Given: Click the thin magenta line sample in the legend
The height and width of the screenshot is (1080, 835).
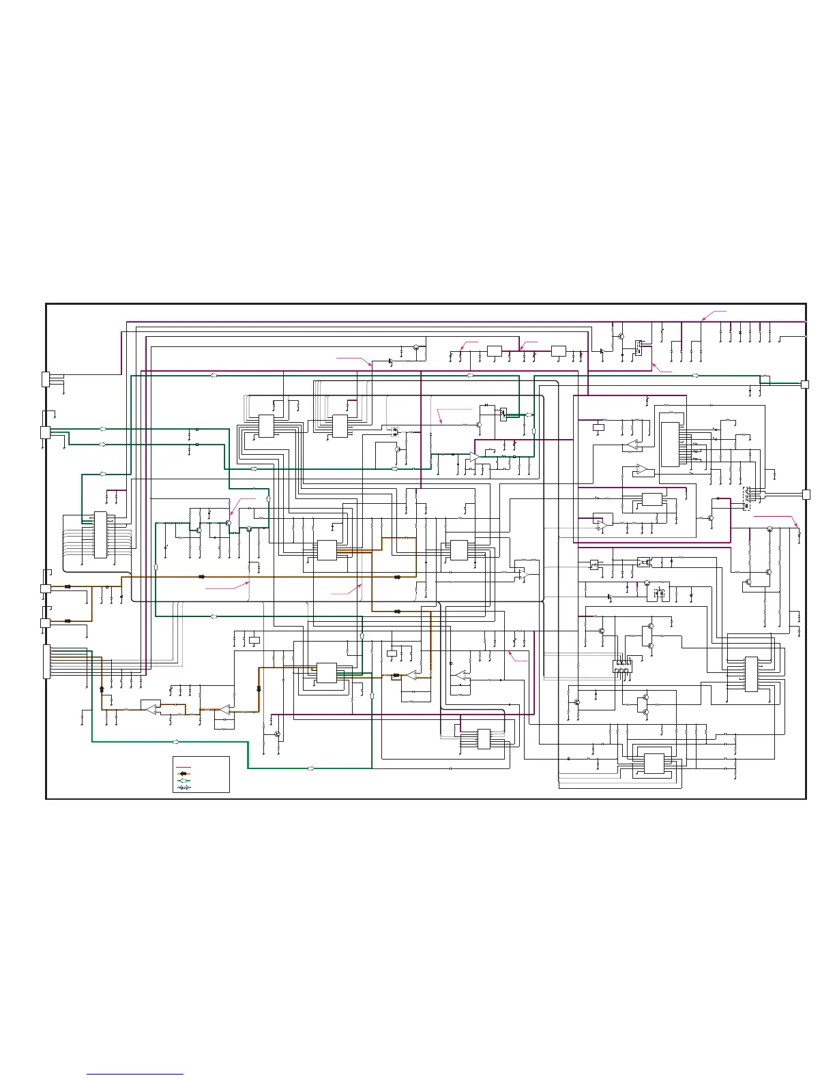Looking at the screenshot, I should point(183,768).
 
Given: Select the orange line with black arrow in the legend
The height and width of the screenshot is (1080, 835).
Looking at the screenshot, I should point(183,774).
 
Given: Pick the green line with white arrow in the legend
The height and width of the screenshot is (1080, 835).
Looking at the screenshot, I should point(183,780).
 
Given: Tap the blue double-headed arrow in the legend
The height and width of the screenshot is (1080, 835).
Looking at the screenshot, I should point(183,787).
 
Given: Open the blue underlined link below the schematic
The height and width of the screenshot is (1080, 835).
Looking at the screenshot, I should point(136,1074).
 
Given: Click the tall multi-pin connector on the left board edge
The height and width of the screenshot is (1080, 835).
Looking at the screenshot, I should point(46,661).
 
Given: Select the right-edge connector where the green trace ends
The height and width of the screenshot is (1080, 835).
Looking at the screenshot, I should point(804,385).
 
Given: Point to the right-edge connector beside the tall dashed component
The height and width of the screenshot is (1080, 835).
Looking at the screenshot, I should point(806,494).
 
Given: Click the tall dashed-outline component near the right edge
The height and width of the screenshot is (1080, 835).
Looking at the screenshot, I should point(748,497).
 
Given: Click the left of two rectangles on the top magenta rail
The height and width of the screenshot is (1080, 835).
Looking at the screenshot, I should point(495,350).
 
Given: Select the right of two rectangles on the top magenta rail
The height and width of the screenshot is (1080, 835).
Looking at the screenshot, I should point(558,350).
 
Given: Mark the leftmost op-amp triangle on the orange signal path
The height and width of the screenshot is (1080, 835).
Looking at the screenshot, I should point(151,709).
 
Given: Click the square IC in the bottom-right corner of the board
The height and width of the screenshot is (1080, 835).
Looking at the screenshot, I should point(654,764).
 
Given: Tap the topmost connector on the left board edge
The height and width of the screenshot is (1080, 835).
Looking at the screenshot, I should point(46,379).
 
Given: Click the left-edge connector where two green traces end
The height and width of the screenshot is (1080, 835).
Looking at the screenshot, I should point(46,432).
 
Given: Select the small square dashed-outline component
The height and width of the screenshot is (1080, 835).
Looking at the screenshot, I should point(659,592).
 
